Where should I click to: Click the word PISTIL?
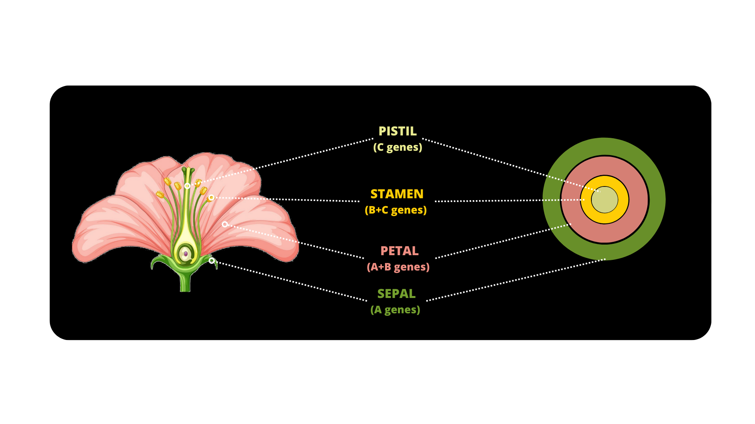pyautogui.click(x=397, y=131)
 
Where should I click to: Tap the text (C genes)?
pyautogui.click(x=398, y=147)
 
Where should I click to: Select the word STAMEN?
pyautogui.click(x=397, y=194)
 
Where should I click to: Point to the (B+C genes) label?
pyautogui.click(x=396, y=210)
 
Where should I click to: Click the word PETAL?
pyautogui.click(x=399, y=251)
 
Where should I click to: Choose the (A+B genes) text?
pyautogui.click(x=398, y=267)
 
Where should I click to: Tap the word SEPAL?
pyautogui.click(x=396, y=294)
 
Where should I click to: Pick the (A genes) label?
pyautogui.click(x=395, y=310)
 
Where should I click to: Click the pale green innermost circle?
pyautogui.click(x=605, y=200)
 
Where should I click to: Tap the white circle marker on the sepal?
pyautogui.click(x=212, y=261)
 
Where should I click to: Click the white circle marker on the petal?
pyautogui.click(x=225, y=224)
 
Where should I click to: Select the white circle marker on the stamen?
pyautogui.click(x=212, y=197)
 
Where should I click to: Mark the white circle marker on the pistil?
pyautogui.click(x=188, y=186)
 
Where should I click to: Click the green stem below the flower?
pyautogui.click(x=185, y=283)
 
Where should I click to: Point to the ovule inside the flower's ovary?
pyautogui.click(x=186, y=254)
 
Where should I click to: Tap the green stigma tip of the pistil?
pyautogui.click(x=188, y=170)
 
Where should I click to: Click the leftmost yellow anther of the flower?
pyautogui.click(x=160, y=194)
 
